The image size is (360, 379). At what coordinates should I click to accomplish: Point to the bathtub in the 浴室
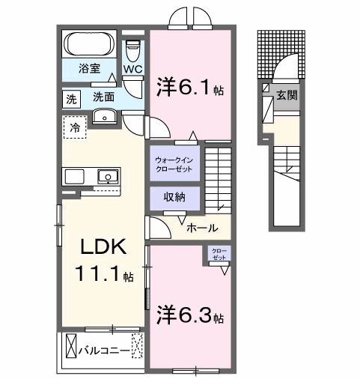[88, 44]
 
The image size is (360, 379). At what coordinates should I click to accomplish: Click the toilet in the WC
[133, 52]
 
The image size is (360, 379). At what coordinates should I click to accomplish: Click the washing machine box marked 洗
[71, 98]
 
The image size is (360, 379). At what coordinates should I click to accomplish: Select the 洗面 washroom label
[103, 97]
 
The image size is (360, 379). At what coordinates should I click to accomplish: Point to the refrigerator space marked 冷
[74, 128]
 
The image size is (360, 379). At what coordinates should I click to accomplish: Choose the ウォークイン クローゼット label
[173, 165]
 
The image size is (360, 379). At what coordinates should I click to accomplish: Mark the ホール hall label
[201, 228]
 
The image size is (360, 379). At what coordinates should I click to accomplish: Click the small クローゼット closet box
[219, 253]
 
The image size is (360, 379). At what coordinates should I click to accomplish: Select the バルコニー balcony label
[102, 349]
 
